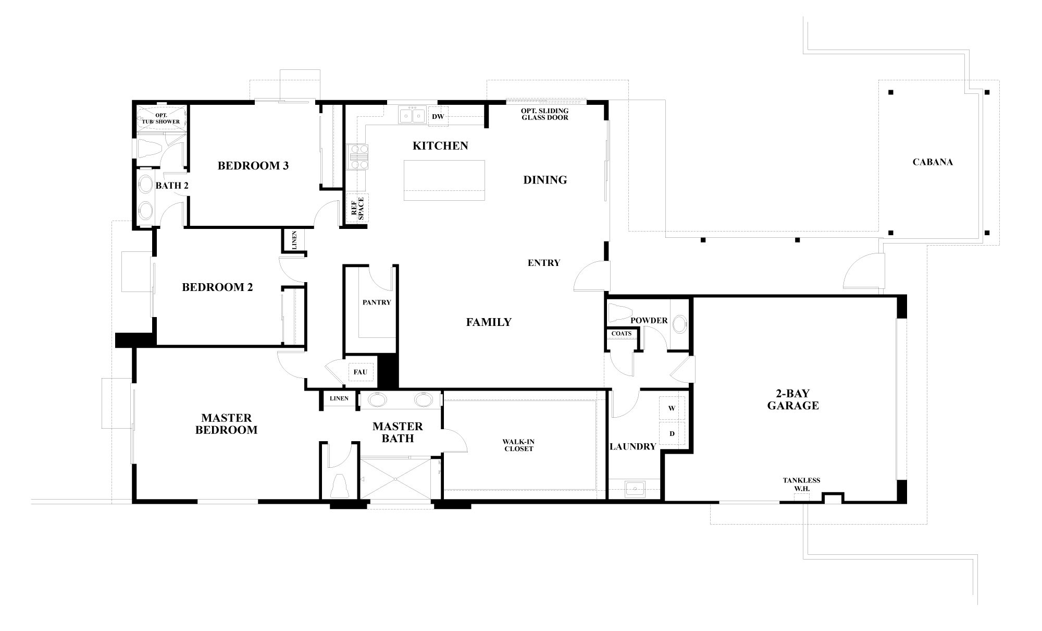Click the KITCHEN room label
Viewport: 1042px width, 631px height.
click(440, 145)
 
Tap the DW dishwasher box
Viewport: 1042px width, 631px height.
click(438, 117)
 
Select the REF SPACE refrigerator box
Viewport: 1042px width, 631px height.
click(357, 208)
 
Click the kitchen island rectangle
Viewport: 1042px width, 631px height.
click(444, 180)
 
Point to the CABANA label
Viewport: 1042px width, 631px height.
click(933, 162)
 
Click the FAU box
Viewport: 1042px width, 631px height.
click(360, 372)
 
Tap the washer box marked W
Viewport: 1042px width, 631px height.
click(672, 408)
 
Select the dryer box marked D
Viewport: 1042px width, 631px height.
click(672, 433)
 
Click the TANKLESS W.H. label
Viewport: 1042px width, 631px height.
click(801, 484)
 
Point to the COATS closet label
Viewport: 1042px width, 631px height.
click(621, 334)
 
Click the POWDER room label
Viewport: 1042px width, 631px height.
click(649, 320)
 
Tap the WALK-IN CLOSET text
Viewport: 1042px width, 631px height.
click(519, 445)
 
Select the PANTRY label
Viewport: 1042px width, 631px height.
click(376, 302)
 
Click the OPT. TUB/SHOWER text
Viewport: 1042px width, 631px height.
click(161, 118)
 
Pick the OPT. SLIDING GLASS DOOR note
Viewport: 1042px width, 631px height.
click(545, 114)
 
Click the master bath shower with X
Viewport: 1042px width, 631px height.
click(395, 478)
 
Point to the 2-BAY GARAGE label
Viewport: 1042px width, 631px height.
click(793, 399)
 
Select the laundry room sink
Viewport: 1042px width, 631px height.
click(635, 489)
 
